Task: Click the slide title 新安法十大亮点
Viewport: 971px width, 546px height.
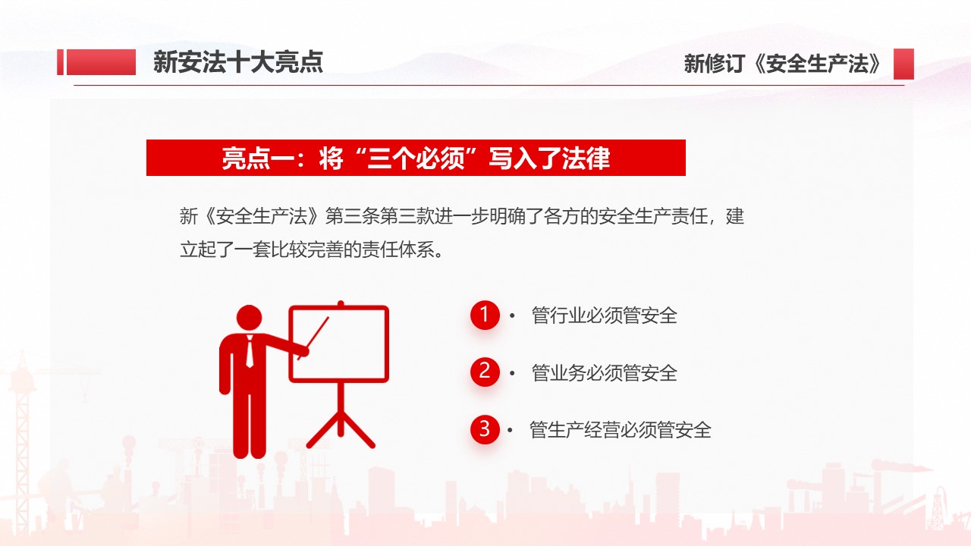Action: [238, 62]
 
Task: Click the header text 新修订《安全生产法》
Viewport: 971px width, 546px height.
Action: [782, 64]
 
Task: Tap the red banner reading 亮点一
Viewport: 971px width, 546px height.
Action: [416, 158]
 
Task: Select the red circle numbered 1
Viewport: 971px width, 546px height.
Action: [485, 315]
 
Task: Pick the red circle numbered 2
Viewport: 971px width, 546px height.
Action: [485, 372]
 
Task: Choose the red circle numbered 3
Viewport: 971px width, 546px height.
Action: [485, 429]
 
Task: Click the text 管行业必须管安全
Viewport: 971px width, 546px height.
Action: [605, 315]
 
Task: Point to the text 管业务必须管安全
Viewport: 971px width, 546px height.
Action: [605, 373]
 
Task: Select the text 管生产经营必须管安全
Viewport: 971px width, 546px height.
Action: [621, 430]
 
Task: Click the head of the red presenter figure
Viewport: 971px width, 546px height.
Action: [250, 318]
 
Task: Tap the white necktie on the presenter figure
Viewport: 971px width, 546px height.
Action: [250, 352]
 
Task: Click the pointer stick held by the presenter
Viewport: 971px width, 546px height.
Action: [314, 338]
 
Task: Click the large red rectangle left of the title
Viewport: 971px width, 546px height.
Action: [101, 62]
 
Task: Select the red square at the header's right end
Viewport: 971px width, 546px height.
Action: [903, 64]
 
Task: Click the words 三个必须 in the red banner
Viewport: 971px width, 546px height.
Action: [416, 158]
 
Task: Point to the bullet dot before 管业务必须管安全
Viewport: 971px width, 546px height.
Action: [512, 373]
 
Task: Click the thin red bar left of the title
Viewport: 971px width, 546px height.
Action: [60, 62]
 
